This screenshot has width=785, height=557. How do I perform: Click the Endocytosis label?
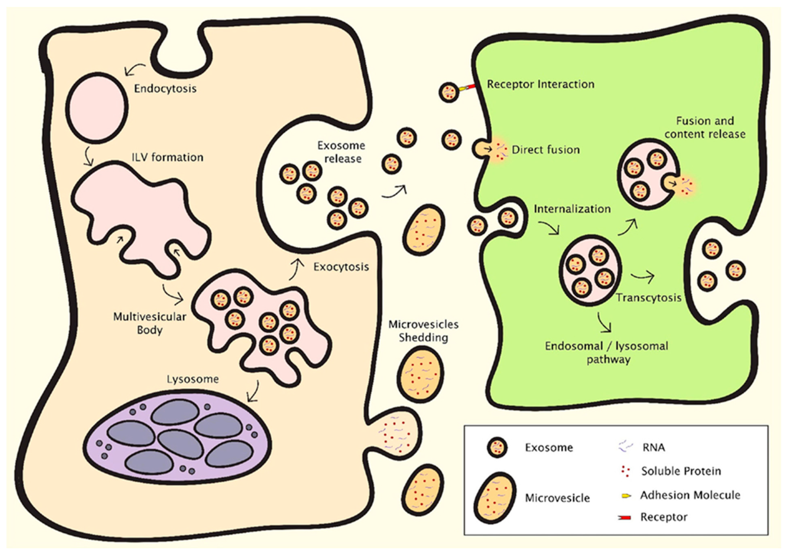point(165,89)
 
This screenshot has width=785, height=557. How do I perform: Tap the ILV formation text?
point(168,158)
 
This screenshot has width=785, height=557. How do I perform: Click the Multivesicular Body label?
point(150,323)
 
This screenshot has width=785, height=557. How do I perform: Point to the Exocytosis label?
point(341,267)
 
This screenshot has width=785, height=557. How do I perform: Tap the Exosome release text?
point(341,152)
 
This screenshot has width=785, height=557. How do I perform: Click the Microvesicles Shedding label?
point(423,331)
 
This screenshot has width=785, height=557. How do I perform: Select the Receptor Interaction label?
point(541,84)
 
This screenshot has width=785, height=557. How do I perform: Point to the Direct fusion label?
point(545,150)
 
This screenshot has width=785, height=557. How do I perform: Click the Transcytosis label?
point(648,297)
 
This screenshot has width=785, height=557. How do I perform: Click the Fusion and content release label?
point(705,127)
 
